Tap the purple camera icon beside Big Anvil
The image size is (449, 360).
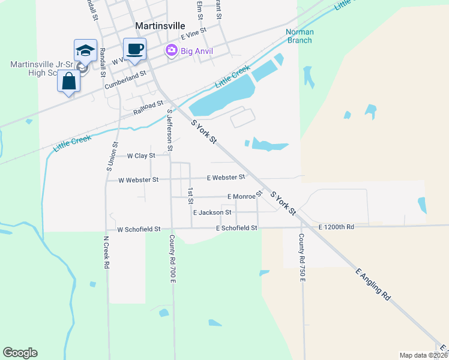pyautogui.click(x=172, y=51)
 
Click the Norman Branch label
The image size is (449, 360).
pyautogui.click(x=299, y=36)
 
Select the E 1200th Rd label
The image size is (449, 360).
pyautogui.click(x=337, y=227)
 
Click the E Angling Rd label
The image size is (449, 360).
pyautogui.click(x=373, y=284)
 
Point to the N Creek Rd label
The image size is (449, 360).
pyautogui.click(x=106, y=252)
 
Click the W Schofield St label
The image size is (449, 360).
pyautogui.click(x=139, y=229)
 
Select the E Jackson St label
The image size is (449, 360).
pyautogui.click(x=212, y=212)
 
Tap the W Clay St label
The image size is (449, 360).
pyautogui.click(x=141, y=155)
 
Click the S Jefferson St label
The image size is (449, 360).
pyautogui.click(x=170, y=130)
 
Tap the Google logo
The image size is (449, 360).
pyautogui.click(x=20, y=353)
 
